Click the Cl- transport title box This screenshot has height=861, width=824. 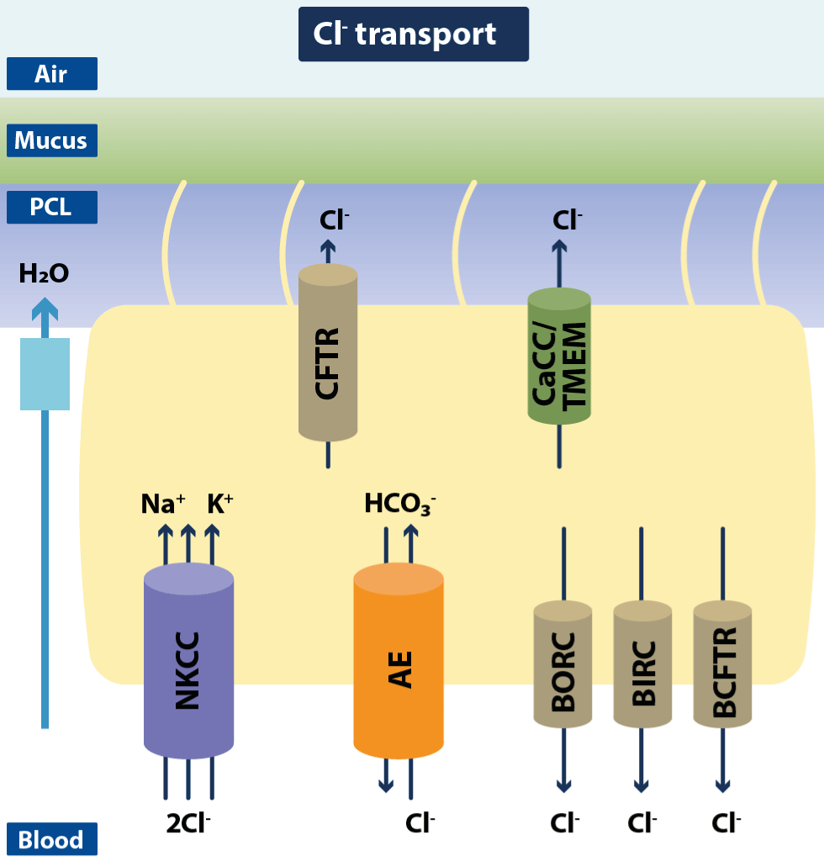click(413, 34)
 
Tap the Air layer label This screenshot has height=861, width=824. click(51, 74)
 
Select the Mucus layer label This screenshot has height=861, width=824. click(51, 140)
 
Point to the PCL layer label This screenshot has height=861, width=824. click(51, 207)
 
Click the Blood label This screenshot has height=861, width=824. click(51, 839)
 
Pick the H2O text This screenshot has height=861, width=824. click(44, 273)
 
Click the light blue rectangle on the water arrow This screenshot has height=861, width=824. click(45, 373)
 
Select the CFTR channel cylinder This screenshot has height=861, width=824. click(328, 353)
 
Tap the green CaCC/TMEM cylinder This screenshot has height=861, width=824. click(559, 357)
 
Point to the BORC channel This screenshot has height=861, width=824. click(563, 664)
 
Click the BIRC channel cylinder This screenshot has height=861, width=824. click(642, 664)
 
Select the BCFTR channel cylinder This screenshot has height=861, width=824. click(722, 664)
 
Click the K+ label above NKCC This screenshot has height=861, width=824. click(219, 504)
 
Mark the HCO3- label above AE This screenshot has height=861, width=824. click(399, 504)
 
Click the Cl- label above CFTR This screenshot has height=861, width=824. click(334, 220)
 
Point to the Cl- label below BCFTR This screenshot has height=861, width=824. click(726, 823)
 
